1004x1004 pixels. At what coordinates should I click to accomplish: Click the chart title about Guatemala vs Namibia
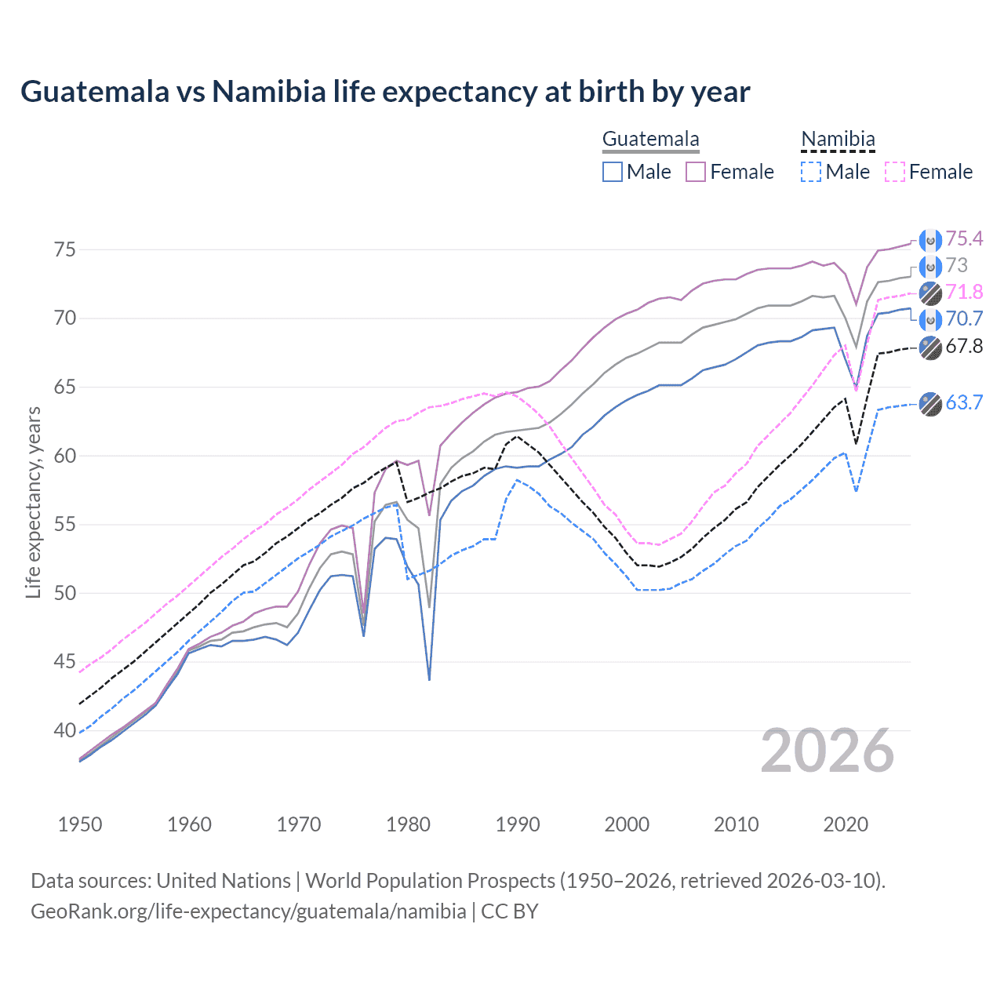(x=385, y=92)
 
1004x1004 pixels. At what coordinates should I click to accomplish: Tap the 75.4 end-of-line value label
(x=963, y=238)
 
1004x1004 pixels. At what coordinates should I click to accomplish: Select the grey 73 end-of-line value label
(x=956, y=265)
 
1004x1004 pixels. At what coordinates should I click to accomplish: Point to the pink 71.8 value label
(x=963, y=292)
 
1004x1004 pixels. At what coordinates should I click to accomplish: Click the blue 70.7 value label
(x=963, y=318)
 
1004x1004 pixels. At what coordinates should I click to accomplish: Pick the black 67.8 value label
(x=963, y=346)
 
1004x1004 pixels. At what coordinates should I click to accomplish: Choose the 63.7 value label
(x=963, y=402)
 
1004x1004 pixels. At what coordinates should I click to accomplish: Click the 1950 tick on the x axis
(x=80, y=824)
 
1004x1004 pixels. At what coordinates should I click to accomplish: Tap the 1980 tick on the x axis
(x=408, y=824)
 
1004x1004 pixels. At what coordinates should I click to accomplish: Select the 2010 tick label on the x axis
(x=736, y=824)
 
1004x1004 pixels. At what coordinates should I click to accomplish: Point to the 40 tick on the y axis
(x=64, y=730)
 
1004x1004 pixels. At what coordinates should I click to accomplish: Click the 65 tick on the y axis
(x=64, y=387)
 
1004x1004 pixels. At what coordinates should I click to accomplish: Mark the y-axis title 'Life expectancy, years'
(x=33, y=503)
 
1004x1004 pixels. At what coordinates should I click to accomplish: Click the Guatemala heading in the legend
(x=650, y=140)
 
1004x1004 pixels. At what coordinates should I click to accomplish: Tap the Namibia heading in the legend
(x=838, y=140)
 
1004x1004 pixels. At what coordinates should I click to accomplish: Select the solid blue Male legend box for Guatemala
(x=613, y=172)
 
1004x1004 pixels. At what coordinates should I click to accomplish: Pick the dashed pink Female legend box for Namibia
(x=895, y=172)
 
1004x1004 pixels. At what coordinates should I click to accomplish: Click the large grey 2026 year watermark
(x=827, y=751)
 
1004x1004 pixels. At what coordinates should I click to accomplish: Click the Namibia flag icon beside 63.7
(x=930, y=403)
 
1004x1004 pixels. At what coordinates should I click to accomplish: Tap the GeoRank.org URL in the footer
(x=248, y=911)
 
